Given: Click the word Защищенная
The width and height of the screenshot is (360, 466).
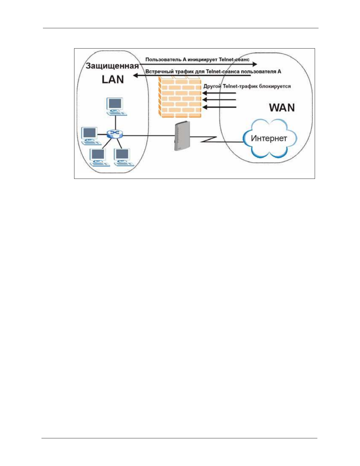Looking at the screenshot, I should pos(112,66).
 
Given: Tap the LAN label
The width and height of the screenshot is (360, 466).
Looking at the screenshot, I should pos(113,79).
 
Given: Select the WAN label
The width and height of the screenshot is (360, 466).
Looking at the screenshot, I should pos(282,108).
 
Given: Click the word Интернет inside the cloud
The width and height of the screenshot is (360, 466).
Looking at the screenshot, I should pos(269,138).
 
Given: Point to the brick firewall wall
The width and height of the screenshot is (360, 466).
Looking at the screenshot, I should pos(180,97).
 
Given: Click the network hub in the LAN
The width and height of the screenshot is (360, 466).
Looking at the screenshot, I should pos(114,134).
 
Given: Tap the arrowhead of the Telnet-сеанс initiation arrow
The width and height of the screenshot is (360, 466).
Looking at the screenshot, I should pos(255,64).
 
